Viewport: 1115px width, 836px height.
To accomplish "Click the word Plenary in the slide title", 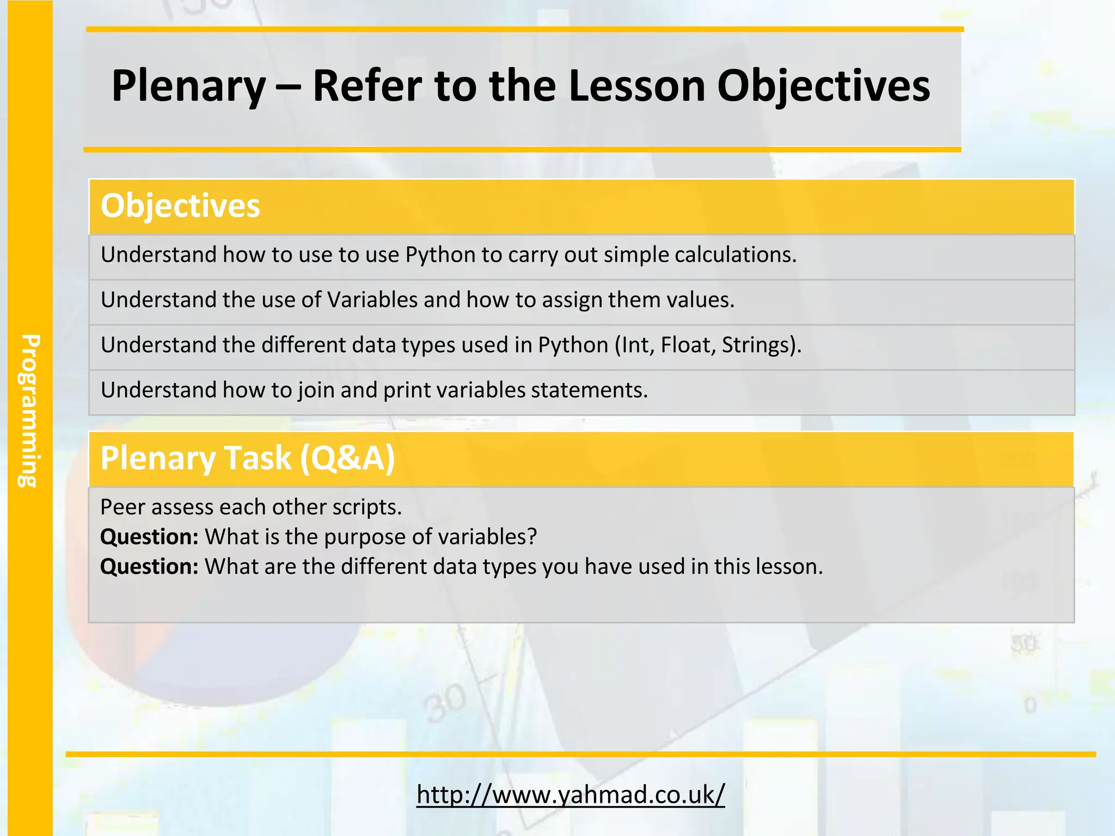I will click(x=188, y=86).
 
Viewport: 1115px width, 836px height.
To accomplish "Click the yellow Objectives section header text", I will click(x=180, y=206).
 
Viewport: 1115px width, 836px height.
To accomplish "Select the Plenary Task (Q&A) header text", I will click(x=247, y=458).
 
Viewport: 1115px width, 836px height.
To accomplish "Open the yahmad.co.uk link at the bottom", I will click(x=571, y=794).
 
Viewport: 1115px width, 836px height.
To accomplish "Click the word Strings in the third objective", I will click(x=758, y=345).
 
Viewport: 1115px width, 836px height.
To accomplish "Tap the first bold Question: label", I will click(x=149, y=537).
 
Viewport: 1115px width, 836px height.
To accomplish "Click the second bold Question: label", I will click(x=149, y=567).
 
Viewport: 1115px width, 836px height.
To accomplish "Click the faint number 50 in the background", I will click(x=1024, y=644).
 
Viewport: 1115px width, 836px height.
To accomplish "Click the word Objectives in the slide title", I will click(x=823, y=86).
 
